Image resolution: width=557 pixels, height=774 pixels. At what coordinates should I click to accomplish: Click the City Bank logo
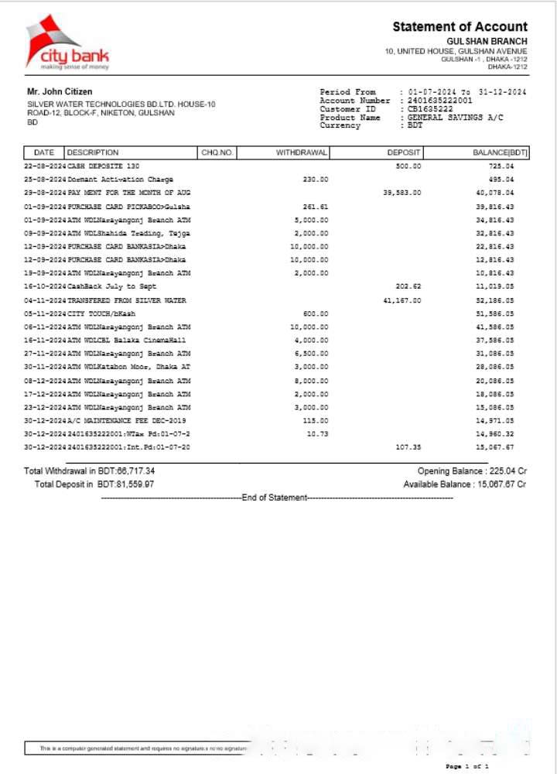[68, 43]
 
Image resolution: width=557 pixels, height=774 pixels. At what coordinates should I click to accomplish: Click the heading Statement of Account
[460, 27]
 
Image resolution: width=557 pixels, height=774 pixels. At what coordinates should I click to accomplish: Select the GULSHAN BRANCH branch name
[487, 41]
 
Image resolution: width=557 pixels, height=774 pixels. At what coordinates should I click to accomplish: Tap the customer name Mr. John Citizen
[60, 92]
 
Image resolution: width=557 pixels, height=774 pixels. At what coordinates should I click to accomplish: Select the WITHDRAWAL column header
[302, 152]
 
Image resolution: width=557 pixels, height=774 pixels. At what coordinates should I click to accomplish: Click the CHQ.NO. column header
[217, 152]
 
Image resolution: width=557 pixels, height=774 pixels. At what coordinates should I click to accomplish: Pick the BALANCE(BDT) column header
[500, 152]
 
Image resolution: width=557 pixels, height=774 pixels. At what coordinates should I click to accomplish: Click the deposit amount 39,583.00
[402, 193]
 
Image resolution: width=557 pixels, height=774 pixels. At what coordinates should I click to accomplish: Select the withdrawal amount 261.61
[315, 207]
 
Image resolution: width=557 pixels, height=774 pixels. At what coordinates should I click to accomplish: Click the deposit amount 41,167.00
[402, 300]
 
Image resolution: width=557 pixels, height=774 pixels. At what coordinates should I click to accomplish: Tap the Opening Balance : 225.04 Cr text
[472, 471]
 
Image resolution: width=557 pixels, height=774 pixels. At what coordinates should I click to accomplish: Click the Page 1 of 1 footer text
[467, 765]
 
